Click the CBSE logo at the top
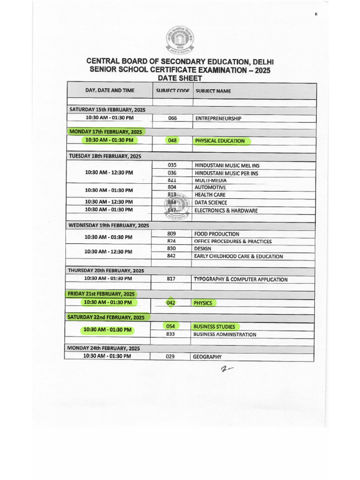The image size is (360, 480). point(180,41)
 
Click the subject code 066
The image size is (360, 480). point(172,119)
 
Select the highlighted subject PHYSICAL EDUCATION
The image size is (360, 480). point(220,141)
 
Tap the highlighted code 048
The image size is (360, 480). point(172,140)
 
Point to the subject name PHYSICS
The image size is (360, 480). point(203,303)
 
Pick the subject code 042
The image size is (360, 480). point(171,303)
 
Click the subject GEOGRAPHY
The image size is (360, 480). point(207,357)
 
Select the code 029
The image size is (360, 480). point(170,357)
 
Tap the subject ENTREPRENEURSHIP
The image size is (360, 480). point(218,119)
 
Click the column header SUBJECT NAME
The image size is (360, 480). point(213,91)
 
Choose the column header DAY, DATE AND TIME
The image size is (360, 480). point(110,90)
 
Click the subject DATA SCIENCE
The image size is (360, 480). point(211,202)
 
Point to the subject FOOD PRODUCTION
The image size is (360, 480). point(217,234)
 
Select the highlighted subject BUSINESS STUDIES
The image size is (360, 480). point(214,326)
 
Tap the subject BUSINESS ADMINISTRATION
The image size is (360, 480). point(225,335)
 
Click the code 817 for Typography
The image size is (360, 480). point(171,279)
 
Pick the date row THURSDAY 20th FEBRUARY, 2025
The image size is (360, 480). point(106,270)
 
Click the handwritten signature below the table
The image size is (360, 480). point(226,370)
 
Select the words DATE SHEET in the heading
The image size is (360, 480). point(180,78)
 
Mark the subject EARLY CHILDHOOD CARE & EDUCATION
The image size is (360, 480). point(238,256)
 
